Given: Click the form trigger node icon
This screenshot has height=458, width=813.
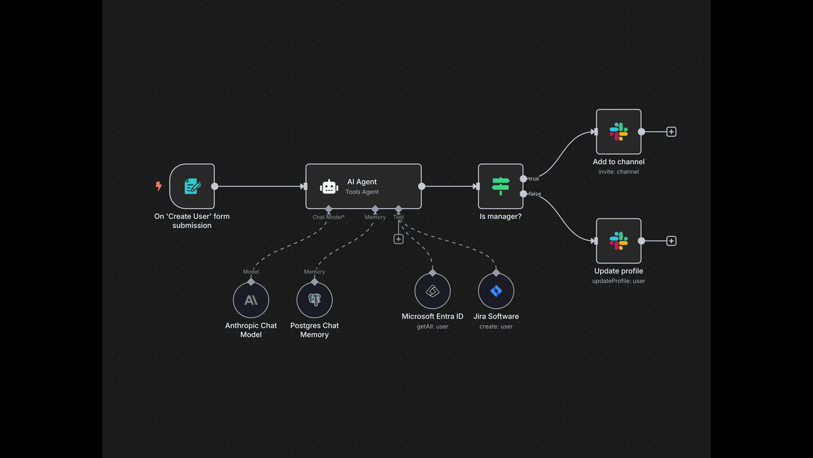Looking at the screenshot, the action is [192, 186].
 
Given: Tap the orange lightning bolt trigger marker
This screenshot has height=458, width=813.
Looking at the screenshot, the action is [159, 186].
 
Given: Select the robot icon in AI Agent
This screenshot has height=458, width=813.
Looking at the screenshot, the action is [329, 187].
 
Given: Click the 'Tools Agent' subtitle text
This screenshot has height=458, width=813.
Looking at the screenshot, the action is [362, 192].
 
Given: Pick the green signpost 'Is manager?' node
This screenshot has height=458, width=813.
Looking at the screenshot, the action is [501, 186].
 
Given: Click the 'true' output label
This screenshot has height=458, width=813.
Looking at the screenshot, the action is [534, 179].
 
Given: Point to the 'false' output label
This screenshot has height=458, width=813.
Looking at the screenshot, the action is [535, 194].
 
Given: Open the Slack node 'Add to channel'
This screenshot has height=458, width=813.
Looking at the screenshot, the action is [619, 132].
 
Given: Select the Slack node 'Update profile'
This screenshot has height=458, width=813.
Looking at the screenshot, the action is [619, 240].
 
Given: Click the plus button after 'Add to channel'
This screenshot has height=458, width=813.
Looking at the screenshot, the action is [671, 132].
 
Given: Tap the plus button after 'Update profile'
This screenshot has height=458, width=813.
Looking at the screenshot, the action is [671, 240].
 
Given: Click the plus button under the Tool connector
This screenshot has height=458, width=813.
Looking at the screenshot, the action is [398, 239].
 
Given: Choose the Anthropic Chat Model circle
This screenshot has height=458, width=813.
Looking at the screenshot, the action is [251, 300].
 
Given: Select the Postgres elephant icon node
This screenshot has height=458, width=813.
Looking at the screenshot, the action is [314, 300].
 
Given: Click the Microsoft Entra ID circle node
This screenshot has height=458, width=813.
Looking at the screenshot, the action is [433, 291].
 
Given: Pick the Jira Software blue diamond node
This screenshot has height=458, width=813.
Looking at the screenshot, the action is [496, 291].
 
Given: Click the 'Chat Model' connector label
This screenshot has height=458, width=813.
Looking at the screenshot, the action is [327, 217].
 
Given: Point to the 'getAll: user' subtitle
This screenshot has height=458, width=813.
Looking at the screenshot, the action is [433, 326].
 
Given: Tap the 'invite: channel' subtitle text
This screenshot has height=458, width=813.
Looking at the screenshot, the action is [619, 172].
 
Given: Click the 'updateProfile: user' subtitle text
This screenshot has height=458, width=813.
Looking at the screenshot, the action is [619, 281].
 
